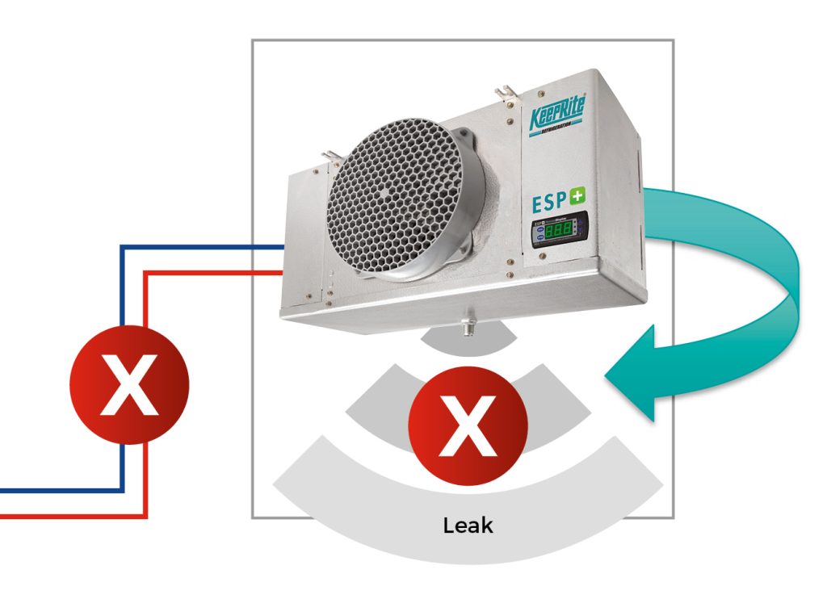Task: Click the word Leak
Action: [x=468, y=526]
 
